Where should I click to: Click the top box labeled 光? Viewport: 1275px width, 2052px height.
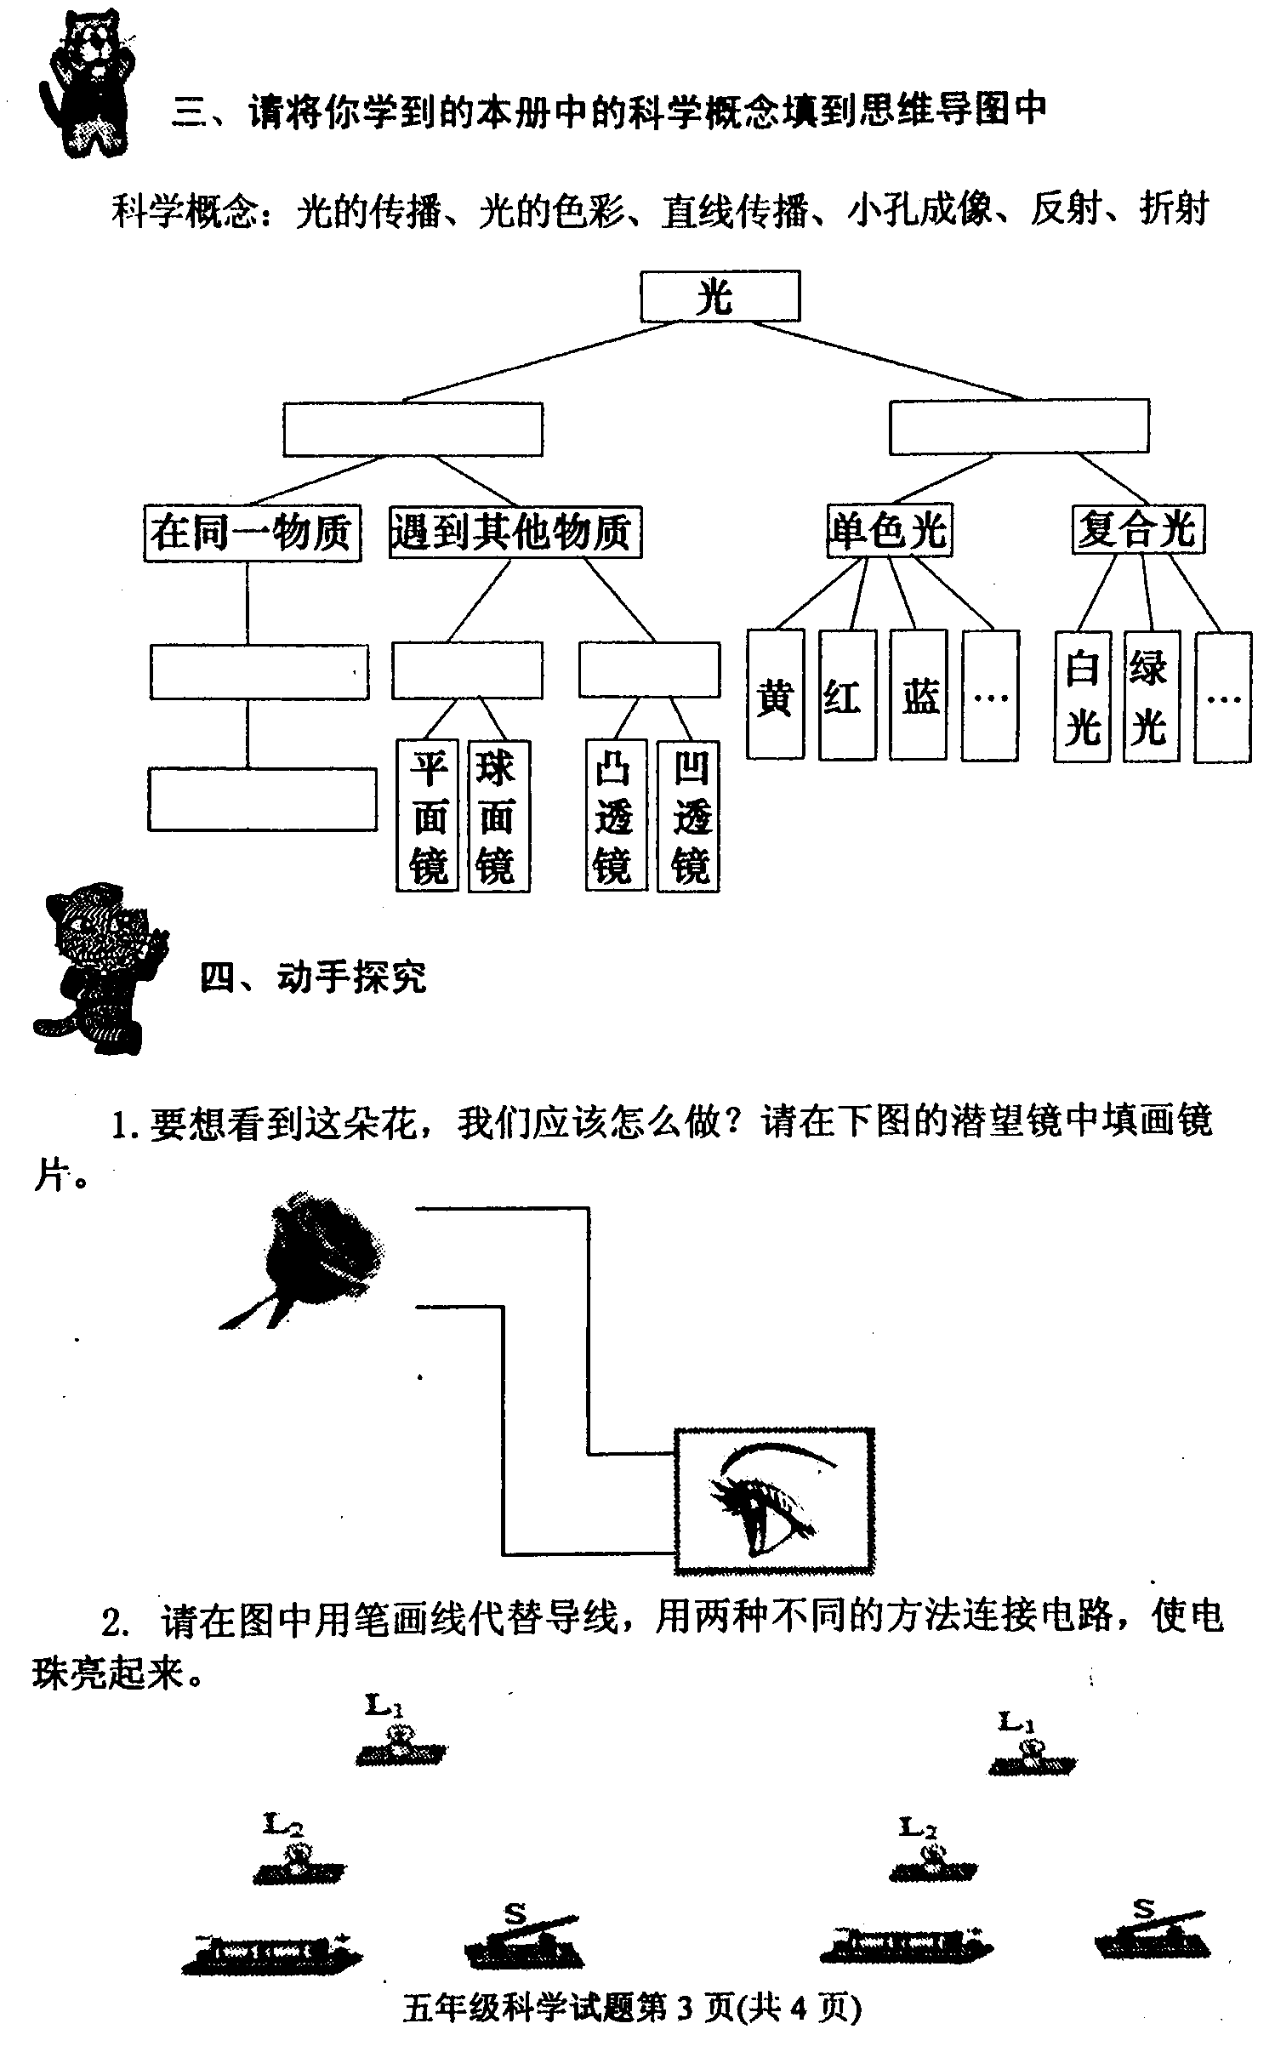point(720,296)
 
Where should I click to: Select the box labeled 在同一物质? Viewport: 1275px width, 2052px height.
point(252,533)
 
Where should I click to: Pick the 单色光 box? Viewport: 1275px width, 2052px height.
point(889,531)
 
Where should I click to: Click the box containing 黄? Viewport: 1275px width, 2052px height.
point(775,694)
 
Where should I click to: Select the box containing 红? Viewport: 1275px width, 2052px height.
point(847,694)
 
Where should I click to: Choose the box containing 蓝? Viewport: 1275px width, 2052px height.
point(918,694)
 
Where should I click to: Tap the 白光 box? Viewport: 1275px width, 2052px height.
point(1082,697)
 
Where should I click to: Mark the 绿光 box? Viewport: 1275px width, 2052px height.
point(1151,697)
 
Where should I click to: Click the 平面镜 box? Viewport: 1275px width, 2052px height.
point(427,816)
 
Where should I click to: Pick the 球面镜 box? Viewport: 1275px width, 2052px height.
point(498,816)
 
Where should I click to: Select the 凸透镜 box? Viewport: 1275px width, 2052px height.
point(617,816)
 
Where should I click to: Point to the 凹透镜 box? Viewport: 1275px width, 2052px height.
point(688,816)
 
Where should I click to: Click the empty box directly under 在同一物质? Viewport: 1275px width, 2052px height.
point(259,672)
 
